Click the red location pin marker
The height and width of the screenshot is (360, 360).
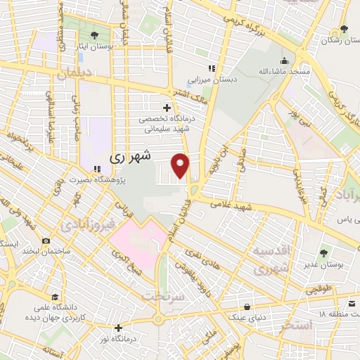pos(181,166)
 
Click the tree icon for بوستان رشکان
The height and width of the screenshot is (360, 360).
pos(343,30)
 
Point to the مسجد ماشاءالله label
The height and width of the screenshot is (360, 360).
pos(284,72)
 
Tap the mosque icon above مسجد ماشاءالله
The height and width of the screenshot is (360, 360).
pos(284,60)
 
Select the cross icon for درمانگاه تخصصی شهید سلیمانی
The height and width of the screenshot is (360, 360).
pos(167,108)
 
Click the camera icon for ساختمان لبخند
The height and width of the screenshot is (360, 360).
pos(46,241)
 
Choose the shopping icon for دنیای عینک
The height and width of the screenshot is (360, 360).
pos(247,307)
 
